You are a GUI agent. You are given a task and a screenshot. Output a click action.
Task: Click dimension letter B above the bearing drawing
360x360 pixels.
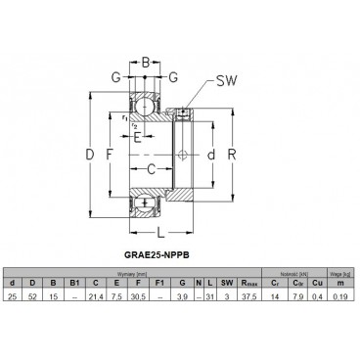145,63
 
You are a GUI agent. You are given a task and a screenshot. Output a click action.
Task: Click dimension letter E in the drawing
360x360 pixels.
136,137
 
